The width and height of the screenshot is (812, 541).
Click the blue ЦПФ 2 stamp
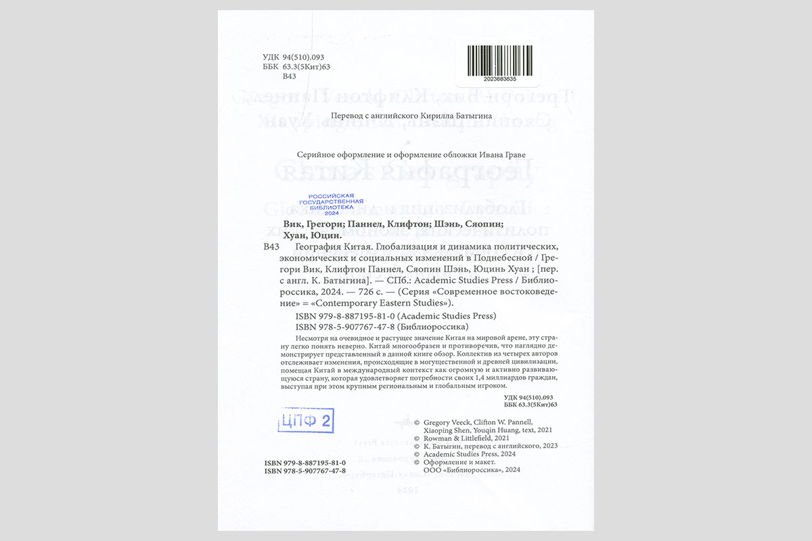[x=305, y=421]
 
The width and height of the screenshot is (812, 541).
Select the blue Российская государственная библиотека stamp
[x=331, y=204]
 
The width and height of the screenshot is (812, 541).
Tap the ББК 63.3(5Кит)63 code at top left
[x=296, y=67]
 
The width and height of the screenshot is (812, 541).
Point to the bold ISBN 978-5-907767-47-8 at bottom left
[x=305, y=470]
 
